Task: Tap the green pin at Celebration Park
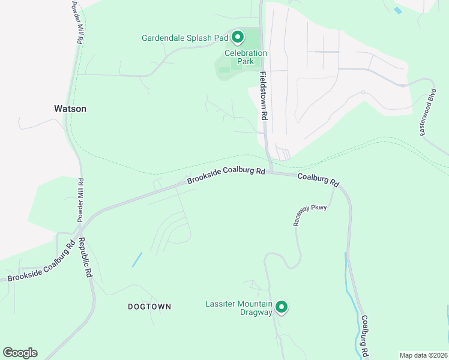[x=238, y=38]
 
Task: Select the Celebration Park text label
[x=246, y=57]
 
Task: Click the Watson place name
[x=70, y=109]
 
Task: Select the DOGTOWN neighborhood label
[x=149, y=307]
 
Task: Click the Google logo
[x=20, y=353]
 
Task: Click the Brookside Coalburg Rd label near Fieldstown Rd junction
[x=226, y=175]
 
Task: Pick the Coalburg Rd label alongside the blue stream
[x=364, y=337]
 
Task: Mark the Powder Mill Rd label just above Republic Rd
[x=80, y=200]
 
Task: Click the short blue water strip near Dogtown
[x=137, y=259]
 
